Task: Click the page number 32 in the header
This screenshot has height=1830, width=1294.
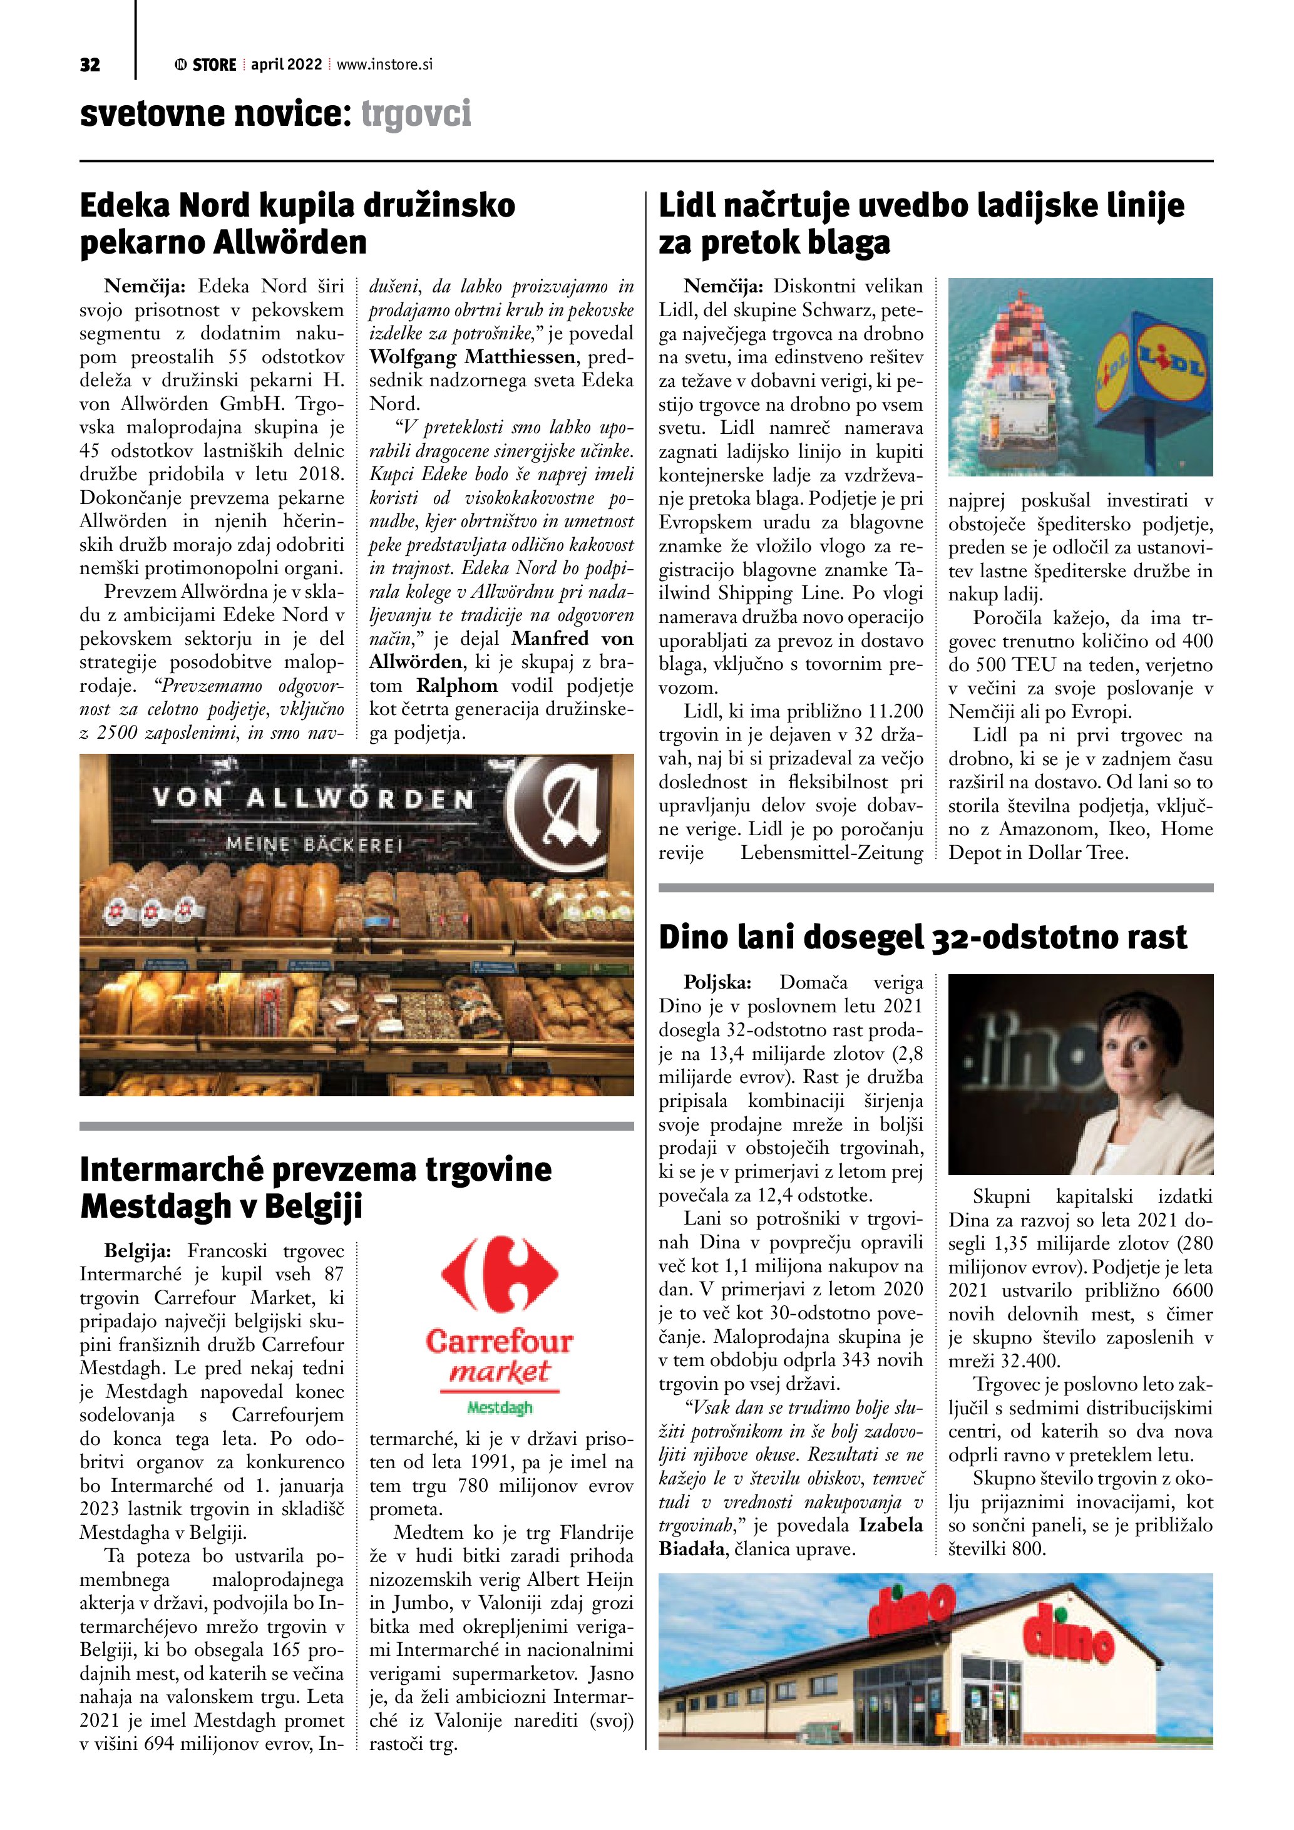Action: tap(90, 65)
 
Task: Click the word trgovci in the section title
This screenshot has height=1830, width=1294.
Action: tap(416, 114)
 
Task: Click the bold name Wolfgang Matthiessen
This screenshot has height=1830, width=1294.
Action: tap(473, 357)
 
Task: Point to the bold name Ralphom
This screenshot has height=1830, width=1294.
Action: tap(458, 686)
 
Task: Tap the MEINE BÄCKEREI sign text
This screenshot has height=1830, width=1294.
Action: tap(314, 843)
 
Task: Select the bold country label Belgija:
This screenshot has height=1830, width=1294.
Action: tap(137, 1250)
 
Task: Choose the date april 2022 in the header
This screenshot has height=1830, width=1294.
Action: tap(286, 64)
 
